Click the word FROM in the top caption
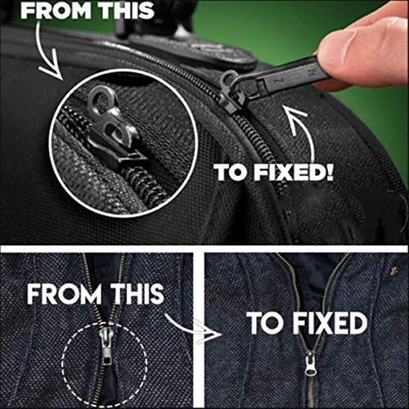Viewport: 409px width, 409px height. tap(56, 11)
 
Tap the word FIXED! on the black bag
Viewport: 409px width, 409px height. tap(294, 173)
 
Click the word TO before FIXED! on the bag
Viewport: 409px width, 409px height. tap(231, 173)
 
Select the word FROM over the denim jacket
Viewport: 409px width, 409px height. tap(65, 294)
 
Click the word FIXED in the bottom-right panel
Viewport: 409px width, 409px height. tap(330, 323)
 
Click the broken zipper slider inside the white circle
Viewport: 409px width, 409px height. tap(116, 131)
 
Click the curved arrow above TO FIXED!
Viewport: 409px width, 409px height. tap(301, 131)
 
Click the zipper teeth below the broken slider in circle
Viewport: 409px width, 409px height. tap(145, 186)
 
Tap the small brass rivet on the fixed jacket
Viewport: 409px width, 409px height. tap(393, 271)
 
